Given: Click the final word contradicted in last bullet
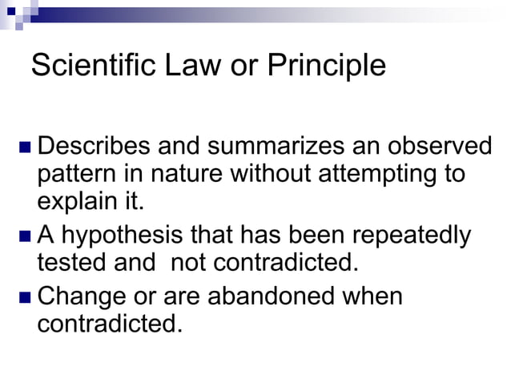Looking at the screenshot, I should pos(109,325).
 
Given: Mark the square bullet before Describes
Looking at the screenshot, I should pos(25,148).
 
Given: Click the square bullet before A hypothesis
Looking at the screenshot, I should pos(25,237).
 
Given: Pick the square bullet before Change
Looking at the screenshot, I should pos(25,298).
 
